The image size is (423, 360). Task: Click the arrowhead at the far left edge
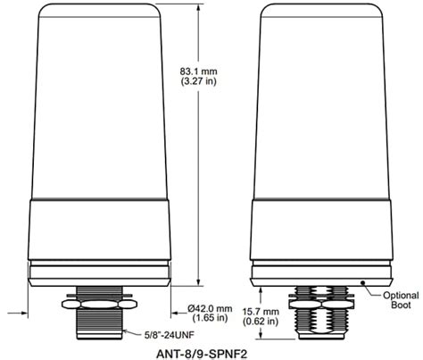pyautogui.click(x=21, y=313)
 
